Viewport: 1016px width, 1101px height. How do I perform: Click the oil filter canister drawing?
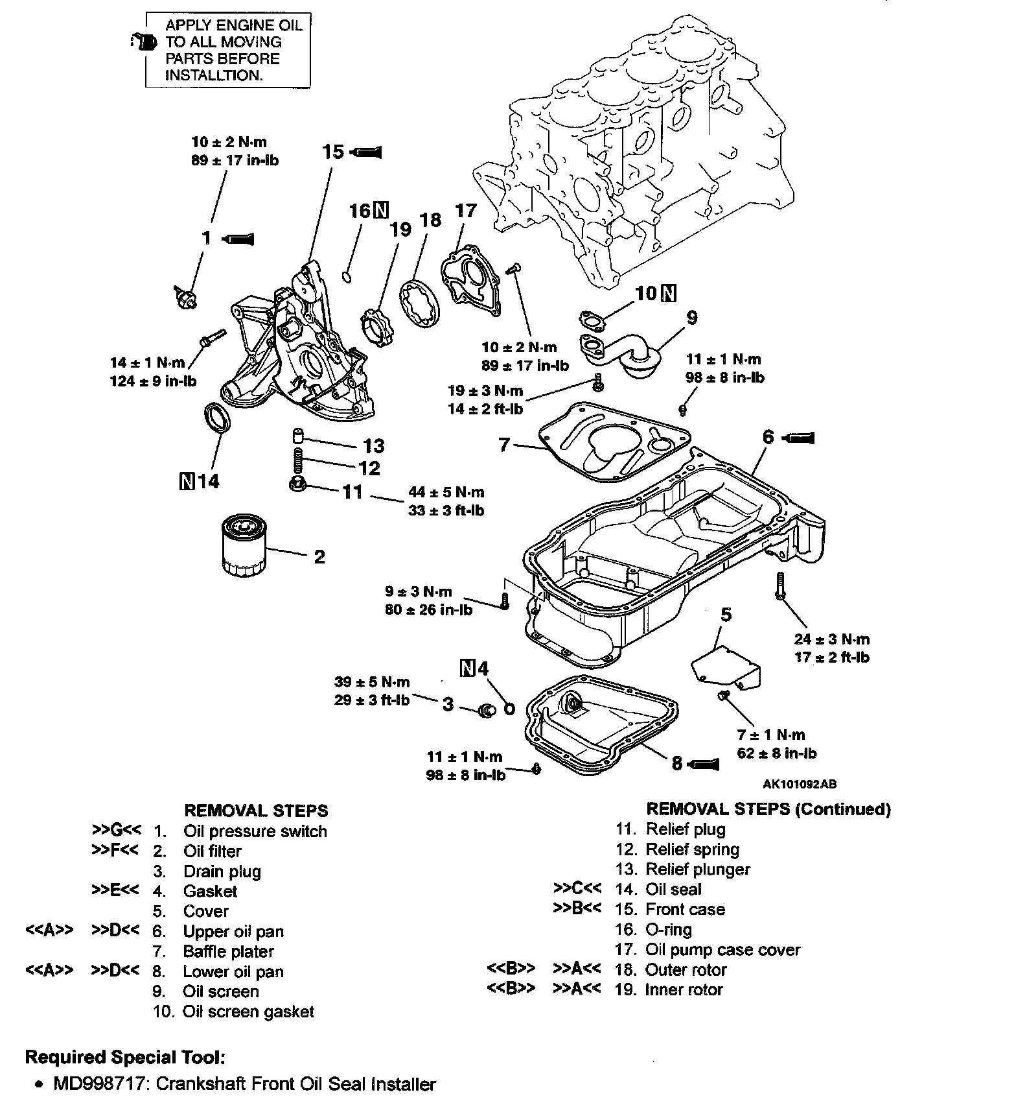pyautogui.click(x=242, y=545)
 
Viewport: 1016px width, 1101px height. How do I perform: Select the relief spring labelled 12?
pyautogui.click(x=298, y=461)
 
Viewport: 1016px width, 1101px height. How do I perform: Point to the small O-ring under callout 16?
pyautogui.click(x=347, y=278)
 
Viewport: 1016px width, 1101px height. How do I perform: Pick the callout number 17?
pyautogui.click(x=465, y=211)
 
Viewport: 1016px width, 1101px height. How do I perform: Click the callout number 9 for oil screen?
pyautogui.click(x=692, y=318)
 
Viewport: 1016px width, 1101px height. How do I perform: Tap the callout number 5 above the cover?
pyautogui.click(x=726, y=614)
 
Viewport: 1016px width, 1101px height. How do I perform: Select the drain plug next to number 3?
pyautogui.click(x=486, y=711)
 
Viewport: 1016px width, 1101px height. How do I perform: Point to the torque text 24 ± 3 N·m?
pyautogui.click(x=832, y=639)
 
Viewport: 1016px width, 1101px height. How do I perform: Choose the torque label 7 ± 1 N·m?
pyautogui.click(x=771, y=735)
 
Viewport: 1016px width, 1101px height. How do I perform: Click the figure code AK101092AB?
pyautogui.click(x=800, y=784)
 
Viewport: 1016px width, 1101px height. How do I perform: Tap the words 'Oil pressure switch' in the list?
pyautogui.click(x=255, y=831)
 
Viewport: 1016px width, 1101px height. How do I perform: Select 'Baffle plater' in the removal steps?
pyautogui.click(x=229, y=951)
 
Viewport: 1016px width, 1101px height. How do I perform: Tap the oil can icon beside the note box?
pyautogui.click(x=144, y=43)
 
